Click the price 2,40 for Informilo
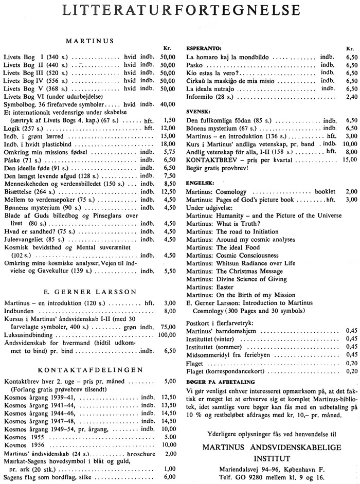coord(352,96)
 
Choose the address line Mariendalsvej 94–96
coord(272,469)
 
